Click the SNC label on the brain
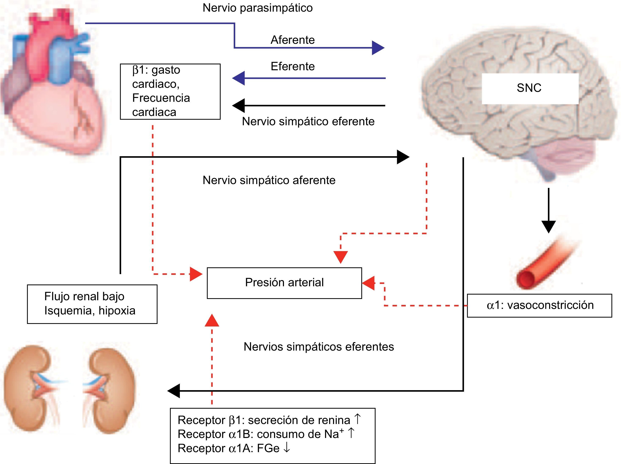529,88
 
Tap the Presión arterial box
284,283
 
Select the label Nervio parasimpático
257,8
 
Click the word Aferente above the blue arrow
292,40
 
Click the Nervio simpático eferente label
308,121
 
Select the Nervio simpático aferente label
269,180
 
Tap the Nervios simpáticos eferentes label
318,347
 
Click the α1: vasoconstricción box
539,306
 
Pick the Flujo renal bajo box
92,304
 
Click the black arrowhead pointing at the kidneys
174,391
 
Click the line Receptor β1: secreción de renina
264,420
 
